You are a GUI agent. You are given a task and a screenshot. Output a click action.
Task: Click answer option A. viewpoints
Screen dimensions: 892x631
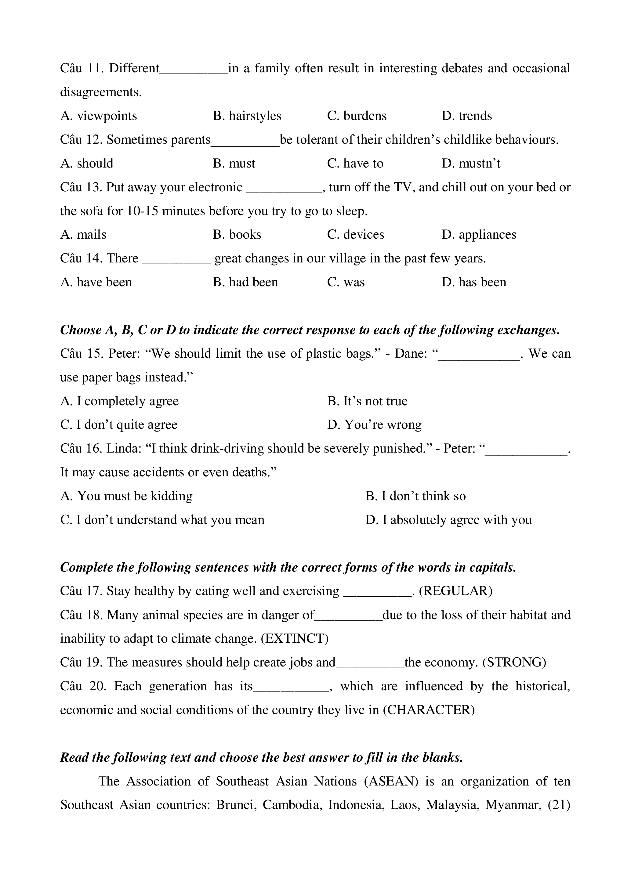[x=99, y=116]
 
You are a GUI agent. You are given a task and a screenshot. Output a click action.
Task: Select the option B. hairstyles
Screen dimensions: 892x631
[x=247, y=116]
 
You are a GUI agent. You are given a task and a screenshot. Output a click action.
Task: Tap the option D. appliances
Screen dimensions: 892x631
[x=479, y=235]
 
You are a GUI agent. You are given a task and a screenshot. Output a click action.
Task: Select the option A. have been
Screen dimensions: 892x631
[x=96, y=282]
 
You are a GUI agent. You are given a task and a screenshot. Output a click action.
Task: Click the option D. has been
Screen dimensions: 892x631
[x=474, y=282]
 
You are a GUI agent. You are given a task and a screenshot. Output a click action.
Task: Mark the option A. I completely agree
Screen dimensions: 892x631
[x=120, y=401]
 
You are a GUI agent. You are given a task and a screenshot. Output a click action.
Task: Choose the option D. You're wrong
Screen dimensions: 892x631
[x=374, y=424]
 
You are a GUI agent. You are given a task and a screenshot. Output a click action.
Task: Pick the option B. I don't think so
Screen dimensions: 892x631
[x=415, y=496]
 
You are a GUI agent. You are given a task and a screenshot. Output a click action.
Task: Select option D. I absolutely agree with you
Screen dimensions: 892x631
[x=448, y=520]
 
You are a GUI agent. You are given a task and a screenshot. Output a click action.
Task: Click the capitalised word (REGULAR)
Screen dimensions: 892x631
[x=455, y=591]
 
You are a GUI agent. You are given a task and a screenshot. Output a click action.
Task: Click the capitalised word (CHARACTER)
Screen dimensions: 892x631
[x=429, y=710]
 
